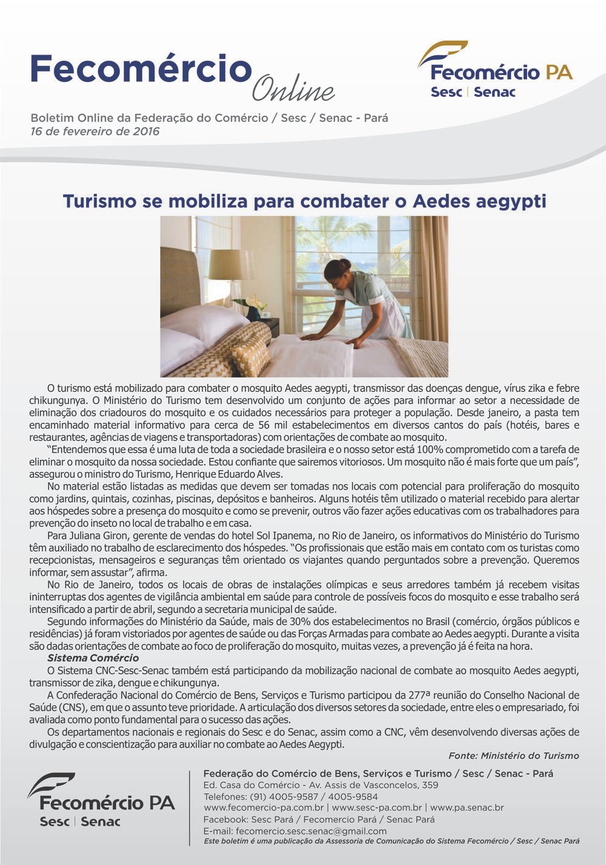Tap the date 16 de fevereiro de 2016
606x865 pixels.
pyautogui.click(x=95, y=131)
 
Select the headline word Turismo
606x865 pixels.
pyautogui.click(x=98, y=201)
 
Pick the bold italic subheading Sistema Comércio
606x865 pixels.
pyautogui.click(x=93, y=658)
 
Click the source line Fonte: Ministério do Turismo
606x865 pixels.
pyautogui.click(x=513, y=756)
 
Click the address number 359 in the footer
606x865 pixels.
pyautogui.click(x=430, y=785)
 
